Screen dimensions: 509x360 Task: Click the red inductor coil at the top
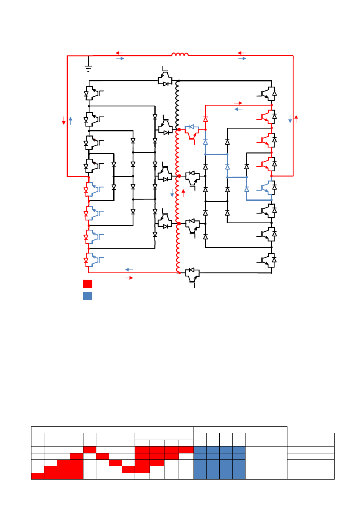point(180,54)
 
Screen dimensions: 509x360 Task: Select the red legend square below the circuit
point(87,284)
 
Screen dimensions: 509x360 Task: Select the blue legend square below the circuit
point(87,296)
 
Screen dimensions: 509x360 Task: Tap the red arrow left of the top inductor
point(120,53)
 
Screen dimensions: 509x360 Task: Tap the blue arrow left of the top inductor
point(120,59)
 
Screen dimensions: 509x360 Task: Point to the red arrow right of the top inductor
point(242,53)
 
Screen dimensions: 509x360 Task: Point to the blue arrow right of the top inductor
point(242,59)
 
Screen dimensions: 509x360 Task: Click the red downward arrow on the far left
point(64,120)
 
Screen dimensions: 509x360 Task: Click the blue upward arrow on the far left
point(71,120)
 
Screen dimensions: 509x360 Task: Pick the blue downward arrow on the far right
point(290,119)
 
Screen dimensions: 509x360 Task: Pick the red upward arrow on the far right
point(296,119)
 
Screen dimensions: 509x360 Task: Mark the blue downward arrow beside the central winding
point(172,193)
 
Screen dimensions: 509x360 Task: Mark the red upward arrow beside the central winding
point(183,193)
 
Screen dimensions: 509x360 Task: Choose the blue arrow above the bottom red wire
point(129,269)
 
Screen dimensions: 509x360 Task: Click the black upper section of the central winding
point(177,105)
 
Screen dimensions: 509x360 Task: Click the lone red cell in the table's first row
point(89,449)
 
